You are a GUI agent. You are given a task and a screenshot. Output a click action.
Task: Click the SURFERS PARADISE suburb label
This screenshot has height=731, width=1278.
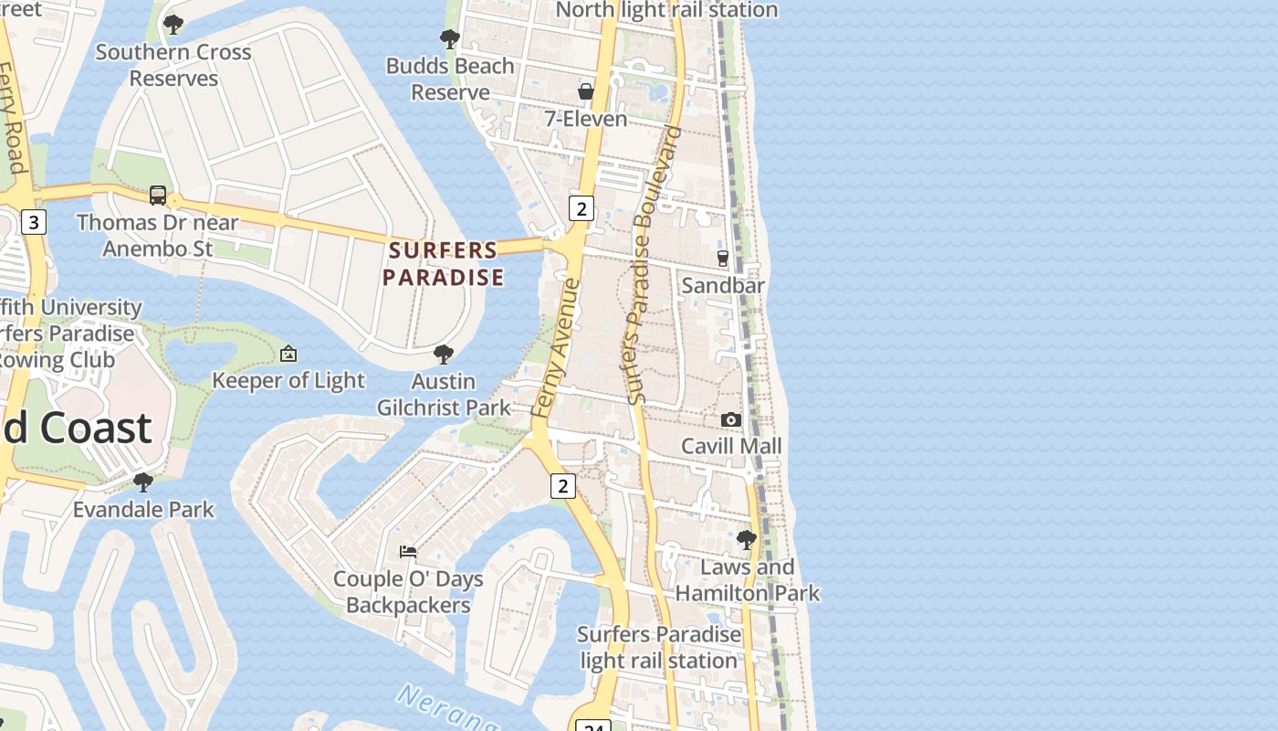pos(444,263)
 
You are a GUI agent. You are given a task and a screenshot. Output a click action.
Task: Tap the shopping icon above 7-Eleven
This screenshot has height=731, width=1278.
pos(586,91)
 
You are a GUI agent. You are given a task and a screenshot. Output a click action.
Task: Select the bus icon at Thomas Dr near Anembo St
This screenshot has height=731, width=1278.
pos(158,195)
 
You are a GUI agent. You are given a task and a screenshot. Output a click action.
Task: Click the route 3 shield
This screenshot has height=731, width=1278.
pos(34,221)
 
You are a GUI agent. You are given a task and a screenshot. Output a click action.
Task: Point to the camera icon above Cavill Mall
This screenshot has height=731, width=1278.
pos(731,419)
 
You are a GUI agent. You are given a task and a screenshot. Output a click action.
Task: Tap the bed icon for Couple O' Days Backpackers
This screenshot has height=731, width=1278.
pos(408,551)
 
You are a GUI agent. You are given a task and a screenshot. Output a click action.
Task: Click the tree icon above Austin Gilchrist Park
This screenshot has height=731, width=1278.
pos(444,354)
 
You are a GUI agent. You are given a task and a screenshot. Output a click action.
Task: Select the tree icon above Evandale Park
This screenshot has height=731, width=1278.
pos(143,482)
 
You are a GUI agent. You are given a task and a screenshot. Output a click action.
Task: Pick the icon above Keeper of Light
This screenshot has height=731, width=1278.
pos(288,353)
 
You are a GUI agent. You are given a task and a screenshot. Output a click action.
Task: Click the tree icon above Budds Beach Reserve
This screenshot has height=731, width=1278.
pos(450,38)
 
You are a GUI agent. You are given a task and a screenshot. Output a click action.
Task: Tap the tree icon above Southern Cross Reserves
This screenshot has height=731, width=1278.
pos(173,25)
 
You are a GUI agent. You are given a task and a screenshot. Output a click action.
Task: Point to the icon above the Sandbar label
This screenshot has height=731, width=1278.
pos(723,259)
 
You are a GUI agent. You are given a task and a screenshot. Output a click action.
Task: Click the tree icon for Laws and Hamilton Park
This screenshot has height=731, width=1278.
pos(747,540)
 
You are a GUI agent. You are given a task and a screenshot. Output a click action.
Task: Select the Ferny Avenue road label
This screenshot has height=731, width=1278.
pos(556,348)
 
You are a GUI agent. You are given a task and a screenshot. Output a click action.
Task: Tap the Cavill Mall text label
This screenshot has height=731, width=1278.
pos(731,446)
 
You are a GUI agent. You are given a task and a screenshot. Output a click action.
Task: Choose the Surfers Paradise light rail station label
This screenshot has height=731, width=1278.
pos(659,647)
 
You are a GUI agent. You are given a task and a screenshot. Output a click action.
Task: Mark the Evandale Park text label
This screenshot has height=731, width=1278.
pos(143,509)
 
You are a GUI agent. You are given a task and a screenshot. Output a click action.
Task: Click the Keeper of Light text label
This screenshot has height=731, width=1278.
pos(288,380)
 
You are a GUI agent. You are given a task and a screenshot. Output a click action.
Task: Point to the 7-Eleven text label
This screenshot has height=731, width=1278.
pos(586,119)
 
